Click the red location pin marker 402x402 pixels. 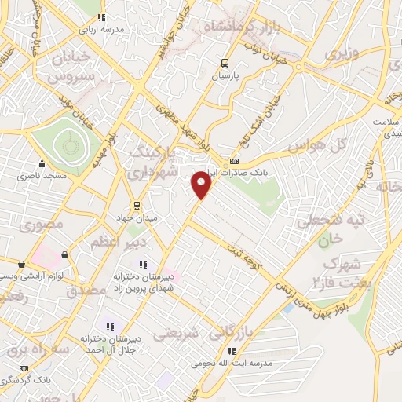(202, 185)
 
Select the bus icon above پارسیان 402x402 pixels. (225, 64)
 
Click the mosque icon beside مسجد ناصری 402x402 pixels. (42, 163)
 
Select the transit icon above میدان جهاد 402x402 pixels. (137, 206)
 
